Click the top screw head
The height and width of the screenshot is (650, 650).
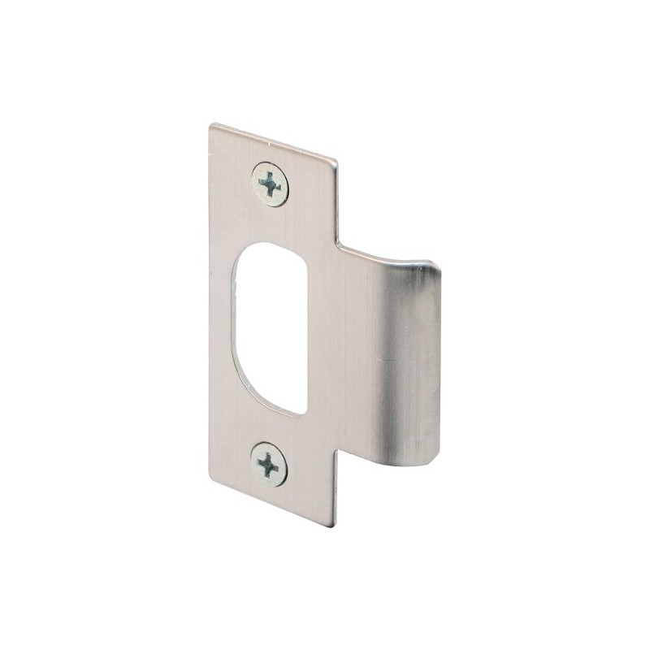point(271,184)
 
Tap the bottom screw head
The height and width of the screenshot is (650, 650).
point(269,464)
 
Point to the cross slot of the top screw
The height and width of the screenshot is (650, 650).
point(271,184)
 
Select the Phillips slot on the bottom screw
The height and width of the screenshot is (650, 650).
point(269,464)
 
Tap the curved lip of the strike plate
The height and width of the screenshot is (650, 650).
point(414,366)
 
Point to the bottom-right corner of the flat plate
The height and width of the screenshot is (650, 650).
point(334,526)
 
